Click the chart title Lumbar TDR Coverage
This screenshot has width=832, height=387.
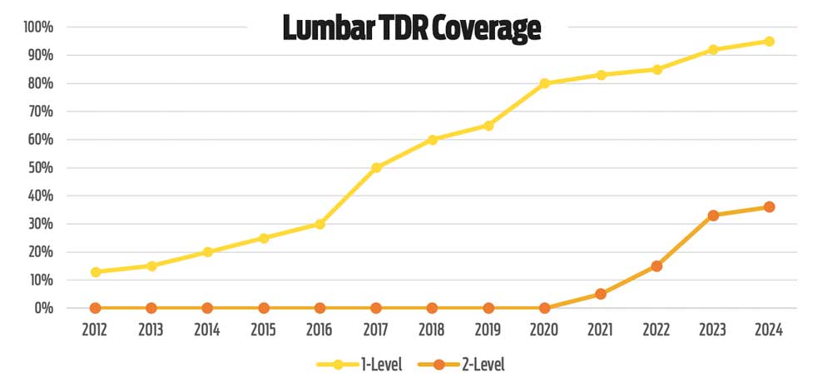[412, 28]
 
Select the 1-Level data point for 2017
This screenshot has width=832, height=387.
[376, 167]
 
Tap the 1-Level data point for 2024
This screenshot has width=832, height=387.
[769, 41]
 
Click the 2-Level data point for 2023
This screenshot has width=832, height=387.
[713, 216]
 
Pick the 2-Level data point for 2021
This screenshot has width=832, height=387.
[601, 294]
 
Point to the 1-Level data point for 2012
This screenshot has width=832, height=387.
[96, 272]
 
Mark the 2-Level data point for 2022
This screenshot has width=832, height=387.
[656, 266]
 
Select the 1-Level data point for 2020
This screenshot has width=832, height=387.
[544, 83]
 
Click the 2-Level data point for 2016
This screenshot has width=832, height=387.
[319, 308]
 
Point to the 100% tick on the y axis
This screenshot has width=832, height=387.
[39, 27]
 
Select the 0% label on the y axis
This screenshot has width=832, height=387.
[44, 308]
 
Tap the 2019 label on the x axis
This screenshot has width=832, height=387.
[488, 330]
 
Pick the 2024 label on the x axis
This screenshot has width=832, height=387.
[769, 330]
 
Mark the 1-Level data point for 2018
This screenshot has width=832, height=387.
[432, 139]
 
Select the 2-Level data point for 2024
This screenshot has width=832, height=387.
[769, 207]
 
